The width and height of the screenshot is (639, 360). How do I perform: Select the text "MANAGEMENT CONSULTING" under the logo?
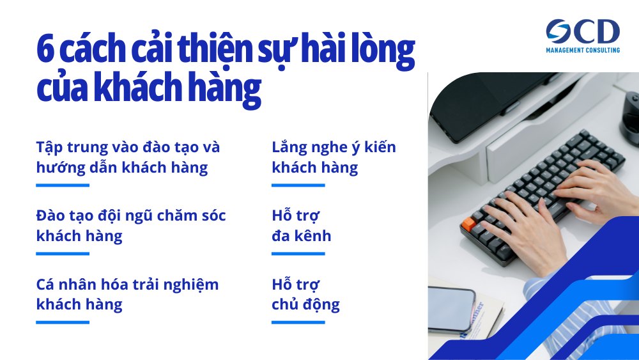583,50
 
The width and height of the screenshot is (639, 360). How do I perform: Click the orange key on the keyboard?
468,224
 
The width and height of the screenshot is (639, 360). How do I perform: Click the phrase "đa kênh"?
302,236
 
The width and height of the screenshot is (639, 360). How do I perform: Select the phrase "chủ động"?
305,304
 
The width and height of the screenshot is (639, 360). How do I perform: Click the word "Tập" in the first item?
50,147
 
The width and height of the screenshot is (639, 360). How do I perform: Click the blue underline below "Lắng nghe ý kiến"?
298,185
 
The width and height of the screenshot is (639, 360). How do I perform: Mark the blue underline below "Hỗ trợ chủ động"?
298,322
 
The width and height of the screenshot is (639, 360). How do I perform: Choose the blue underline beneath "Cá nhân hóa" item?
62,322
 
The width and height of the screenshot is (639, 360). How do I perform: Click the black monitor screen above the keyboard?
486,102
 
